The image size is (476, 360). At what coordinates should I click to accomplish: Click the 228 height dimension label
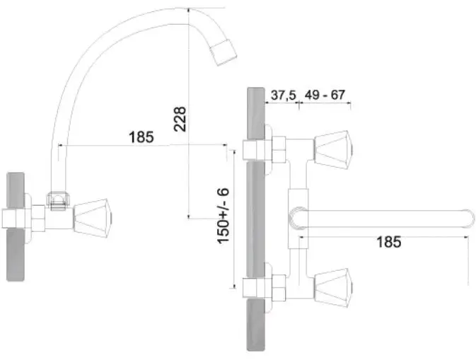[180, 119]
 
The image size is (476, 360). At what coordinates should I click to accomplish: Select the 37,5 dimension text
[283, 95]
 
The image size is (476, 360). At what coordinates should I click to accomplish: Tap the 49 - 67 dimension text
[325, 95]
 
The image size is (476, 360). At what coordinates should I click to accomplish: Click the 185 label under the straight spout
[389, 242]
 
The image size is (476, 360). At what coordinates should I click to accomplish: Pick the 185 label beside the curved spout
[141, 137]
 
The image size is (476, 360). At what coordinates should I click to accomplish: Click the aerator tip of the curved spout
[224, 52]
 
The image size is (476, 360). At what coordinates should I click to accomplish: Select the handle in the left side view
[92, 219]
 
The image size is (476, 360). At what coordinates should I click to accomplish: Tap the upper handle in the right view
[333, 150]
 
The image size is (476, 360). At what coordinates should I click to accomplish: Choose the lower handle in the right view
[333, 288]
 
